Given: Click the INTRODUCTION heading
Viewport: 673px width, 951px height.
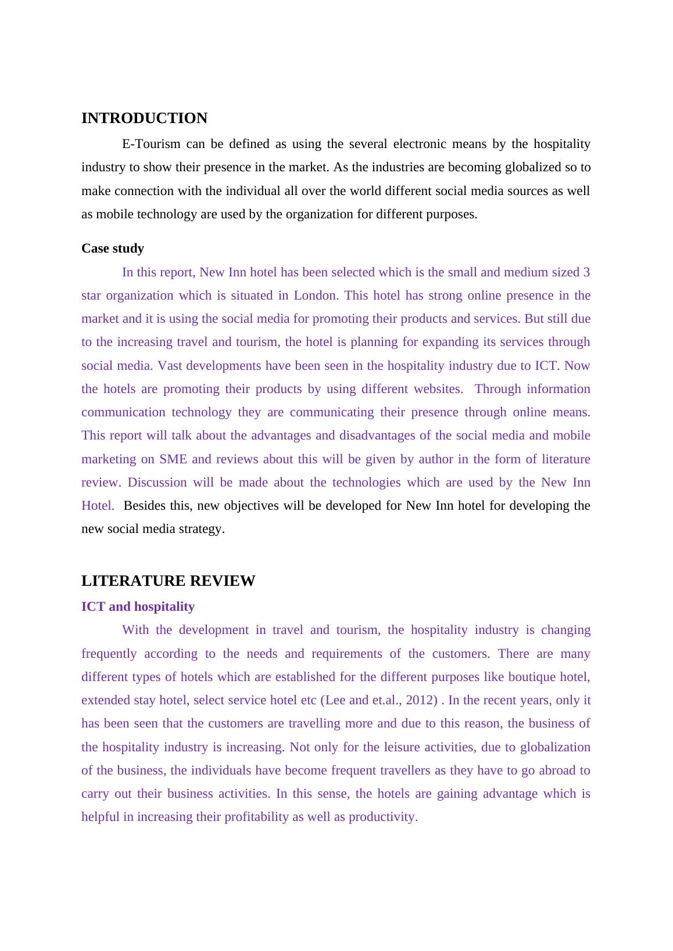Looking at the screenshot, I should (x=144, y=118).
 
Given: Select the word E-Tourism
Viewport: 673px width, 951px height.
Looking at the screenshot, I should (x=151, y=144).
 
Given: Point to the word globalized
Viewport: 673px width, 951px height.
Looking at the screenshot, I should (x=533, y=167).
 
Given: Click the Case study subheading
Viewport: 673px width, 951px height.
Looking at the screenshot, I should (x=113, y=248).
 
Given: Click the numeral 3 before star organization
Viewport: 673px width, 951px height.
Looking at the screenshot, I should (x=586, y=272).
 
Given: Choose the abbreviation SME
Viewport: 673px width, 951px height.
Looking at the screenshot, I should (x=173, y=459).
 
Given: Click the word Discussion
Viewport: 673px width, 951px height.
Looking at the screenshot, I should (x=157, y=482).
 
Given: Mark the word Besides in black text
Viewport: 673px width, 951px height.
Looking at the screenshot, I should (x=145, y=506).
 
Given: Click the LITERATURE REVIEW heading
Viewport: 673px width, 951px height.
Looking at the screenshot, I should (x=168, y=581).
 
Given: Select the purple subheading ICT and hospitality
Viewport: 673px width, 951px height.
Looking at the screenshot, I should (x=138, y=607).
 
